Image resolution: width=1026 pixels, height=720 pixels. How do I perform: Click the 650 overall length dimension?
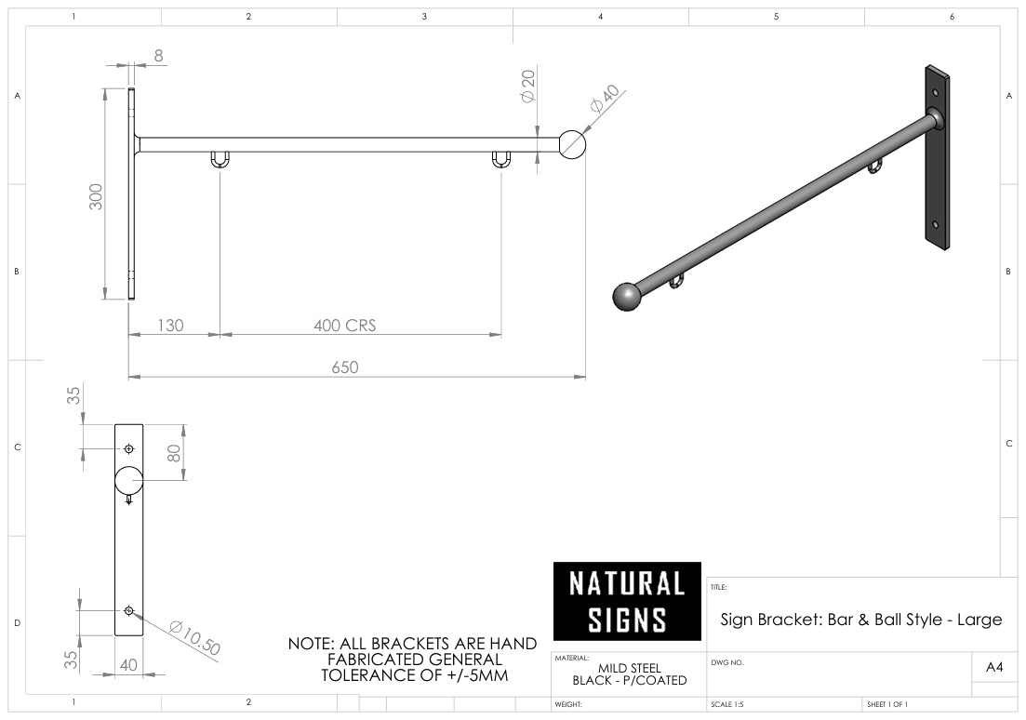pos(344,367)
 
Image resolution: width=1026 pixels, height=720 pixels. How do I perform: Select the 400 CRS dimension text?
pos(344,326)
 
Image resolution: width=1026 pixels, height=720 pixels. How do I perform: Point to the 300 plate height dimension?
pos(97,195)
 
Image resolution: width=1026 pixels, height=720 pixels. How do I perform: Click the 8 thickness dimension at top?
pos(158,56)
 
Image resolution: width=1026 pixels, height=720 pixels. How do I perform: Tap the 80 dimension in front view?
pos(174,453)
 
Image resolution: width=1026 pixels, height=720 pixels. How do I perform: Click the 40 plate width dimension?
pos(128,665)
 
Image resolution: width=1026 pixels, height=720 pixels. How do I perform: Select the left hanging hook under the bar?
pos(220,160)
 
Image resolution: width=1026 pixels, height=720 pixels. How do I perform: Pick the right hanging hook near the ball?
pos(501,160)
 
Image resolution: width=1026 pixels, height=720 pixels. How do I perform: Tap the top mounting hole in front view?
pos(128,449)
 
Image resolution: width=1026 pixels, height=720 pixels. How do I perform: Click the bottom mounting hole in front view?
pos(128,611)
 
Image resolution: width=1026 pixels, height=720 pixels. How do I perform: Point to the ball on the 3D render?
pos(628,297)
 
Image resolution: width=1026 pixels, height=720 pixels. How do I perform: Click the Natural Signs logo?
pos(627,601)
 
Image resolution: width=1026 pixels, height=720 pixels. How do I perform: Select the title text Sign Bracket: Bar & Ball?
pos(860,619)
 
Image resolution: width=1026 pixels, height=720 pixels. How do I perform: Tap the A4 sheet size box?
pos(993,667)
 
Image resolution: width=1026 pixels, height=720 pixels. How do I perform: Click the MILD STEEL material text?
pos(629,668)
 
